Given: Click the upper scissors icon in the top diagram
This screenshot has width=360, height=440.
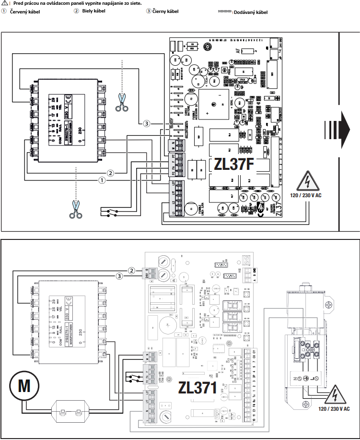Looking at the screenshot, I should click(x=122, y=102).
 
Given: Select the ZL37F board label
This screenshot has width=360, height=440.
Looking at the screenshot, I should click(x=233, y=164).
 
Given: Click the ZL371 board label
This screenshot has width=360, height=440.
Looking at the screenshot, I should click(x=197, y=387).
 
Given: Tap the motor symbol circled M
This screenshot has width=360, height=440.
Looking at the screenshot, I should click(x=22, y=385).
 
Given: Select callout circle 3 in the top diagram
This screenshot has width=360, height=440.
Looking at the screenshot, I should click(x=147, y=124).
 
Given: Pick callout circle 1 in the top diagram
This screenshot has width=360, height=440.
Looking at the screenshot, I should click(x=102, y=180).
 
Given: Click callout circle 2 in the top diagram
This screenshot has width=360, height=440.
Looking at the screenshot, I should click(x=111, y=173).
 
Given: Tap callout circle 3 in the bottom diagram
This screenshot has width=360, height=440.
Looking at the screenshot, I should click(x=119, y=275).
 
